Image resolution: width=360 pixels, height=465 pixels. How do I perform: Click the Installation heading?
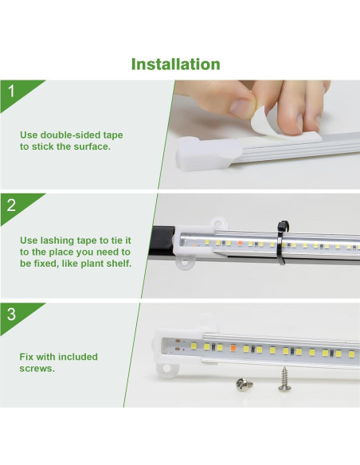175,64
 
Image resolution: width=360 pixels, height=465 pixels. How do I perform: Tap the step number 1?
11,92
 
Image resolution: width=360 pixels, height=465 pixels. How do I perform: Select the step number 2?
11,205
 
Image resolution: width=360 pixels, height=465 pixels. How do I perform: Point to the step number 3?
11,315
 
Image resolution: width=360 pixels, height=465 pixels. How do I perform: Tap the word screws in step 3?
37,369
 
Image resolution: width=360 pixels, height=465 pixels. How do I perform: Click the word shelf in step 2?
119,264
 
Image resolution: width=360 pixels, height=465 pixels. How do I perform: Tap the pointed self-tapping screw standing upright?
284,379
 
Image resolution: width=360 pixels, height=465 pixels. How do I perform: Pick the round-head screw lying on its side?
245,385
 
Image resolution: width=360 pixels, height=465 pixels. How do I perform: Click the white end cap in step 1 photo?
208,153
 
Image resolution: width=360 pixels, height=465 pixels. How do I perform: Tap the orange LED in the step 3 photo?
233,347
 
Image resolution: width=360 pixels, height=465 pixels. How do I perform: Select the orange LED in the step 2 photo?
240,244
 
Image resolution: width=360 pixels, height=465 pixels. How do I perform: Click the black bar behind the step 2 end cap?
162,241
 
